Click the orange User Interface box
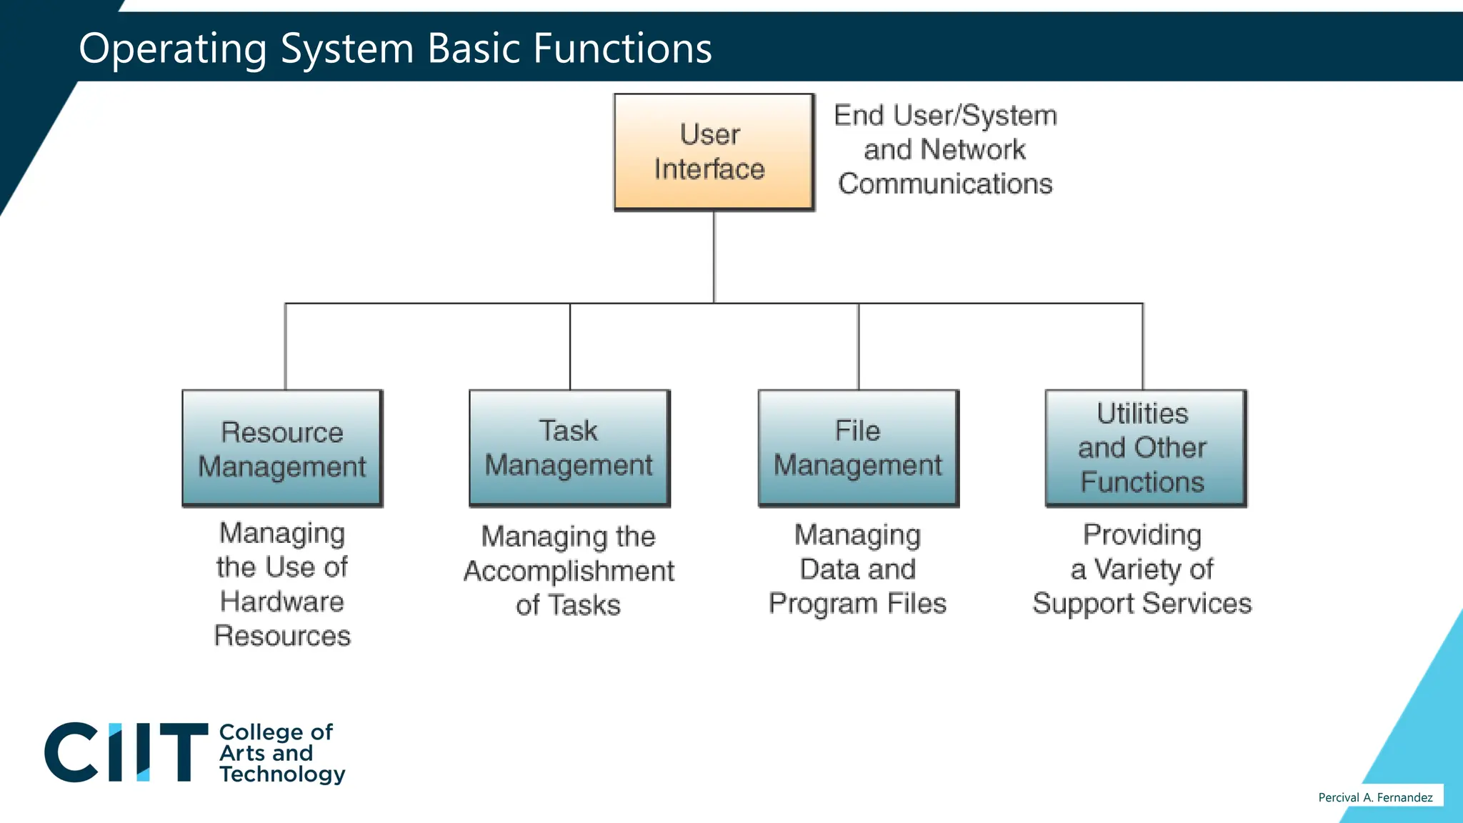(713, 151)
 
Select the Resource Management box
(282, 448)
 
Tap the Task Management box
(569, 448)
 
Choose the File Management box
(858, 448)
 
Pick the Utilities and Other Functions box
(1145, 448)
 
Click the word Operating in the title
(172, 49)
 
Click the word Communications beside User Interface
(945, 184)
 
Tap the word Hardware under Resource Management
(281, 602)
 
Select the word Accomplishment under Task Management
(569, 571)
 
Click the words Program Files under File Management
(857, 604)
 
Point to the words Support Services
(1142, 604)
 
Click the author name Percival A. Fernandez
(1375, 797)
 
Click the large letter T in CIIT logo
(184, 752)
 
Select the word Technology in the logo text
(282, 774)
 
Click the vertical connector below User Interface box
(714, 257)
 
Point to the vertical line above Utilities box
(1143, 346)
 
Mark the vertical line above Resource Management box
(286, 346)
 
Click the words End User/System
(945, 116)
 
